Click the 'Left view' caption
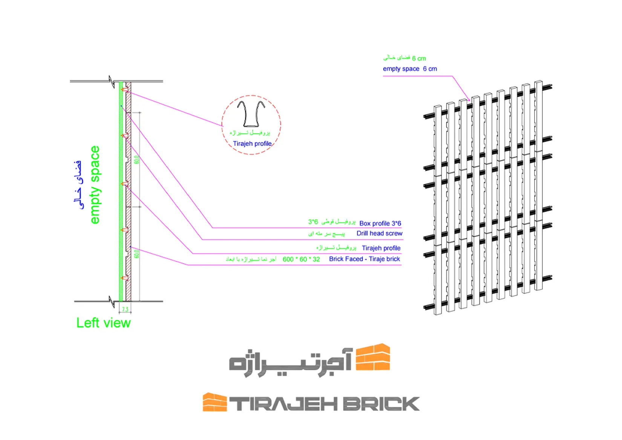(x=103, y=323)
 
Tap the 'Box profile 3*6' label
(x=380, y=223)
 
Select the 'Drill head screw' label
(x=379, y=234)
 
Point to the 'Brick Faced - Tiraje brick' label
(x=364, y=259)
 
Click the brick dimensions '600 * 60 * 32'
(x=301, y=259)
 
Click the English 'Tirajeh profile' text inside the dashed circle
(x=252, y=144)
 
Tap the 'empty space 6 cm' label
(x=410, y=69)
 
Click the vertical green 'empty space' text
(x=95, y=185)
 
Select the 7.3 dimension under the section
(x=125, y=310)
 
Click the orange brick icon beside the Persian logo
(x=373, y=357)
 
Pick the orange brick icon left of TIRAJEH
(x=214, y=402)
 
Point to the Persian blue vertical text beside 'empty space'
(x=78, y=185)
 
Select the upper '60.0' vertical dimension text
(x=136, y=159)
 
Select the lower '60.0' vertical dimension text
(x=136, y=254)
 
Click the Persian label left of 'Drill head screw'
(x=326, y=234)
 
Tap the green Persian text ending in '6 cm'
(x=404, y=58)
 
